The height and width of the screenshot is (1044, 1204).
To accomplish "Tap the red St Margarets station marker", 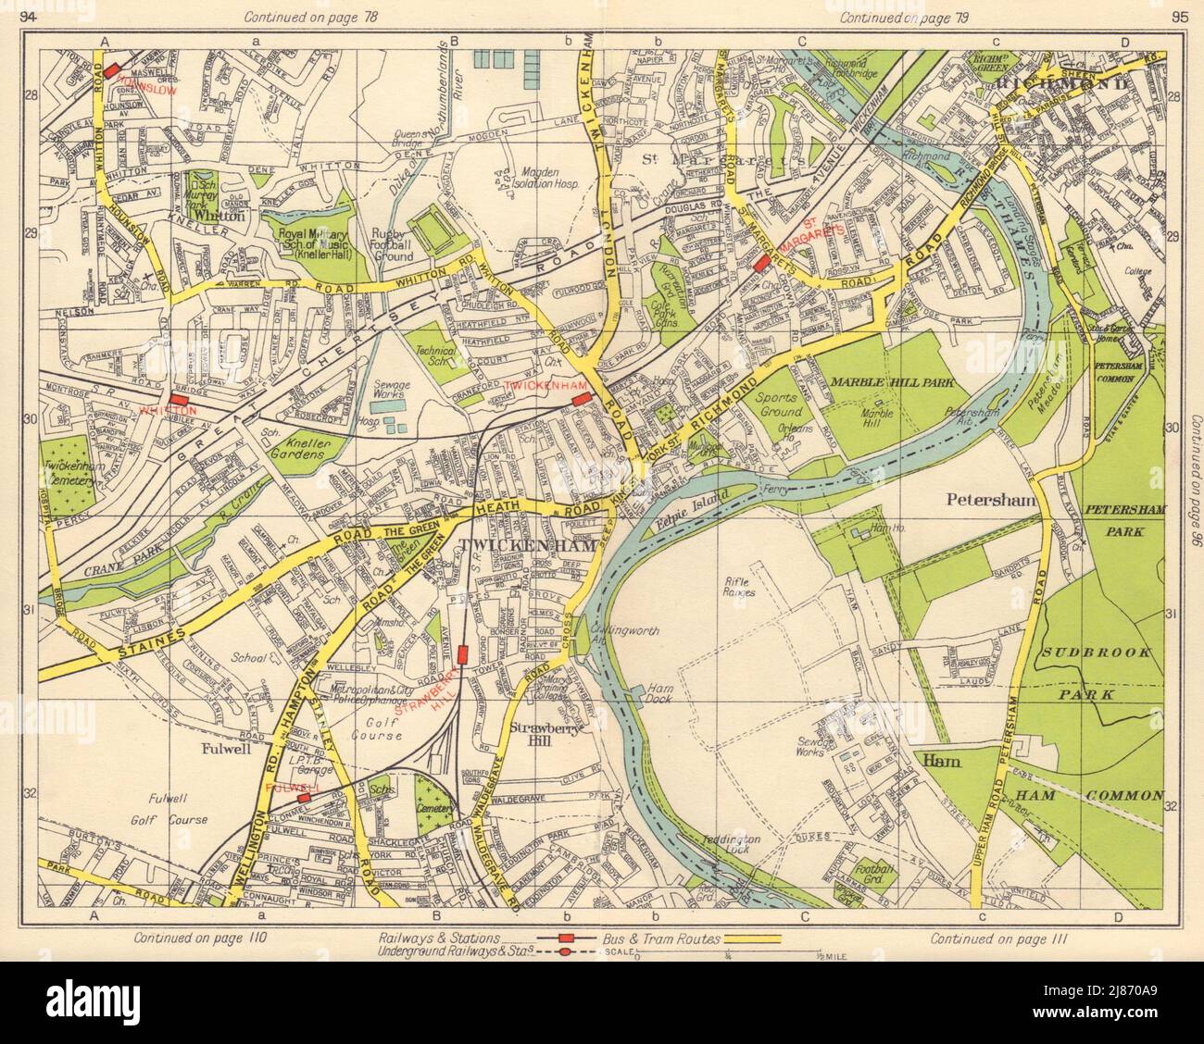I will (762, 264).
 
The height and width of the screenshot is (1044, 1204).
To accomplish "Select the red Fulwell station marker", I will (304, 796).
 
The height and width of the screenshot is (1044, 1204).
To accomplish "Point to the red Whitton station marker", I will (179, 390).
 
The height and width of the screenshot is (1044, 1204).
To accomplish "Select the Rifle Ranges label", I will (738, 585).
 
